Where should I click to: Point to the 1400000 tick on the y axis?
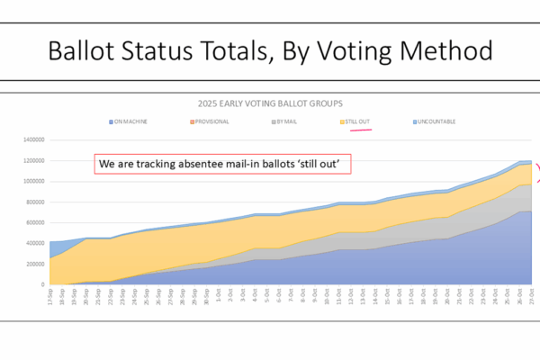click(33, 140)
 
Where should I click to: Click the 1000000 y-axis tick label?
click(33, 182)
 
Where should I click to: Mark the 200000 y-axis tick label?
click(35, 265)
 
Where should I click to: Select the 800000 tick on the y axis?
click(35, 202)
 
